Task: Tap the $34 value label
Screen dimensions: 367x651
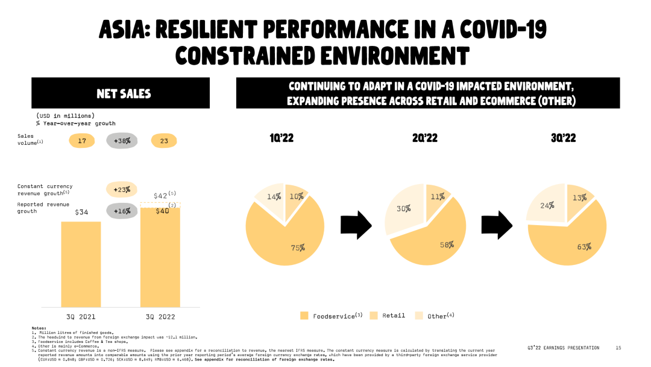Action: coord(81,212)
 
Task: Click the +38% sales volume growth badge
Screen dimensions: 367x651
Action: coord(122,141)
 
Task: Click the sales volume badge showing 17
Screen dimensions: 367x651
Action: coord(82,141)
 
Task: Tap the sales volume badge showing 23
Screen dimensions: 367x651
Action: coord(164,141)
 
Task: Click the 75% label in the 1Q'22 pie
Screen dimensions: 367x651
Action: coord(297,247)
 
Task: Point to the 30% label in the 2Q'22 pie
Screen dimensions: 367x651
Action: coord(403,209)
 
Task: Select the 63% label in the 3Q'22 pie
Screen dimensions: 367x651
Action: coord(583,246)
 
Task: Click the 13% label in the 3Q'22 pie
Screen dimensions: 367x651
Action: coord(580,197)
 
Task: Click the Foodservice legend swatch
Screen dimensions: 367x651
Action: coord(304,316)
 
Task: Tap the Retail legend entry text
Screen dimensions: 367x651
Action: coord(394,316)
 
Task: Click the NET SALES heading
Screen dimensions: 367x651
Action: coord(124,94)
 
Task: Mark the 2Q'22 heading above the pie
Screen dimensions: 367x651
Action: coord(426,138)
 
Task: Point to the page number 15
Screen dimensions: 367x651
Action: coord(618,348)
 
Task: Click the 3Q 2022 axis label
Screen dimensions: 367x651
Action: coord(160,316)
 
